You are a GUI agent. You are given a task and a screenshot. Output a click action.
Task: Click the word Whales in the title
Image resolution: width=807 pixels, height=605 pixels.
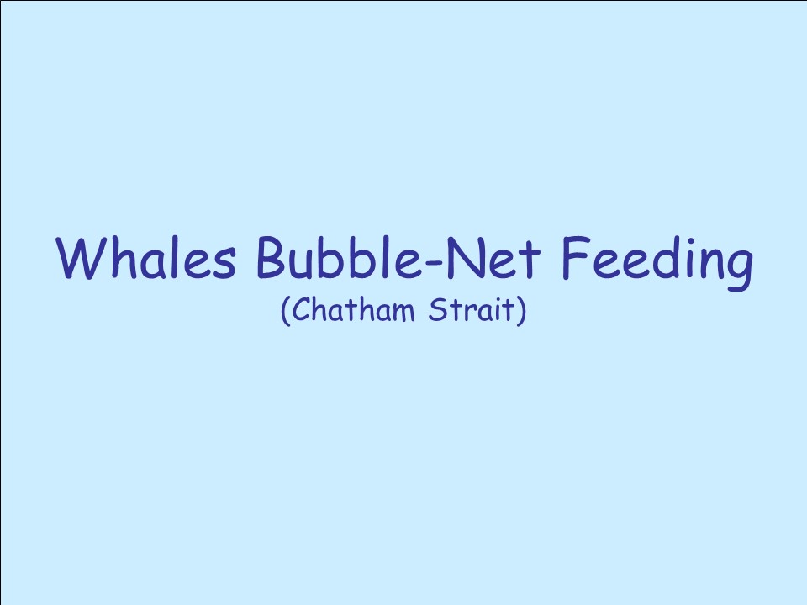point(146,258)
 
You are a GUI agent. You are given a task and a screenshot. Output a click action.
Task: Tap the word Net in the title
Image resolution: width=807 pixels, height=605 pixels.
point(493,257)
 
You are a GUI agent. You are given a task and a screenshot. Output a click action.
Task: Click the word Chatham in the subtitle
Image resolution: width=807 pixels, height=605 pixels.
point(354,309)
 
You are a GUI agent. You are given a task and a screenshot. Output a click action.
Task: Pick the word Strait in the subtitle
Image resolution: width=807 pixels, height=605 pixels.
point(472,309)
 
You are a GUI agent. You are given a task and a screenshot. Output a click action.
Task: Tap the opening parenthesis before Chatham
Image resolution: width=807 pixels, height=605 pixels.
point(286,310)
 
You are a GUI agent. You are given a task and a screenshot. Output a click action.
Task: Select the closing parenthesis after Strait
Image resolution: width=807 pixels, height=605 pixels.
point(521,310)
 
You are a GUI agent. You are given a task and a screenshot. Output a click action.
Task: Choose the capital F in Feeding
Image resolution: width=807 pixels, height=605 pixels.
point(576,257)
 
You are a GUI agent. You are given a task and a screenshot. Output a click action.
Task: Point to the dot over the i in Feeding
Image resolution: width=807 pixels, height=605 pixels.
point(682,240)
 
